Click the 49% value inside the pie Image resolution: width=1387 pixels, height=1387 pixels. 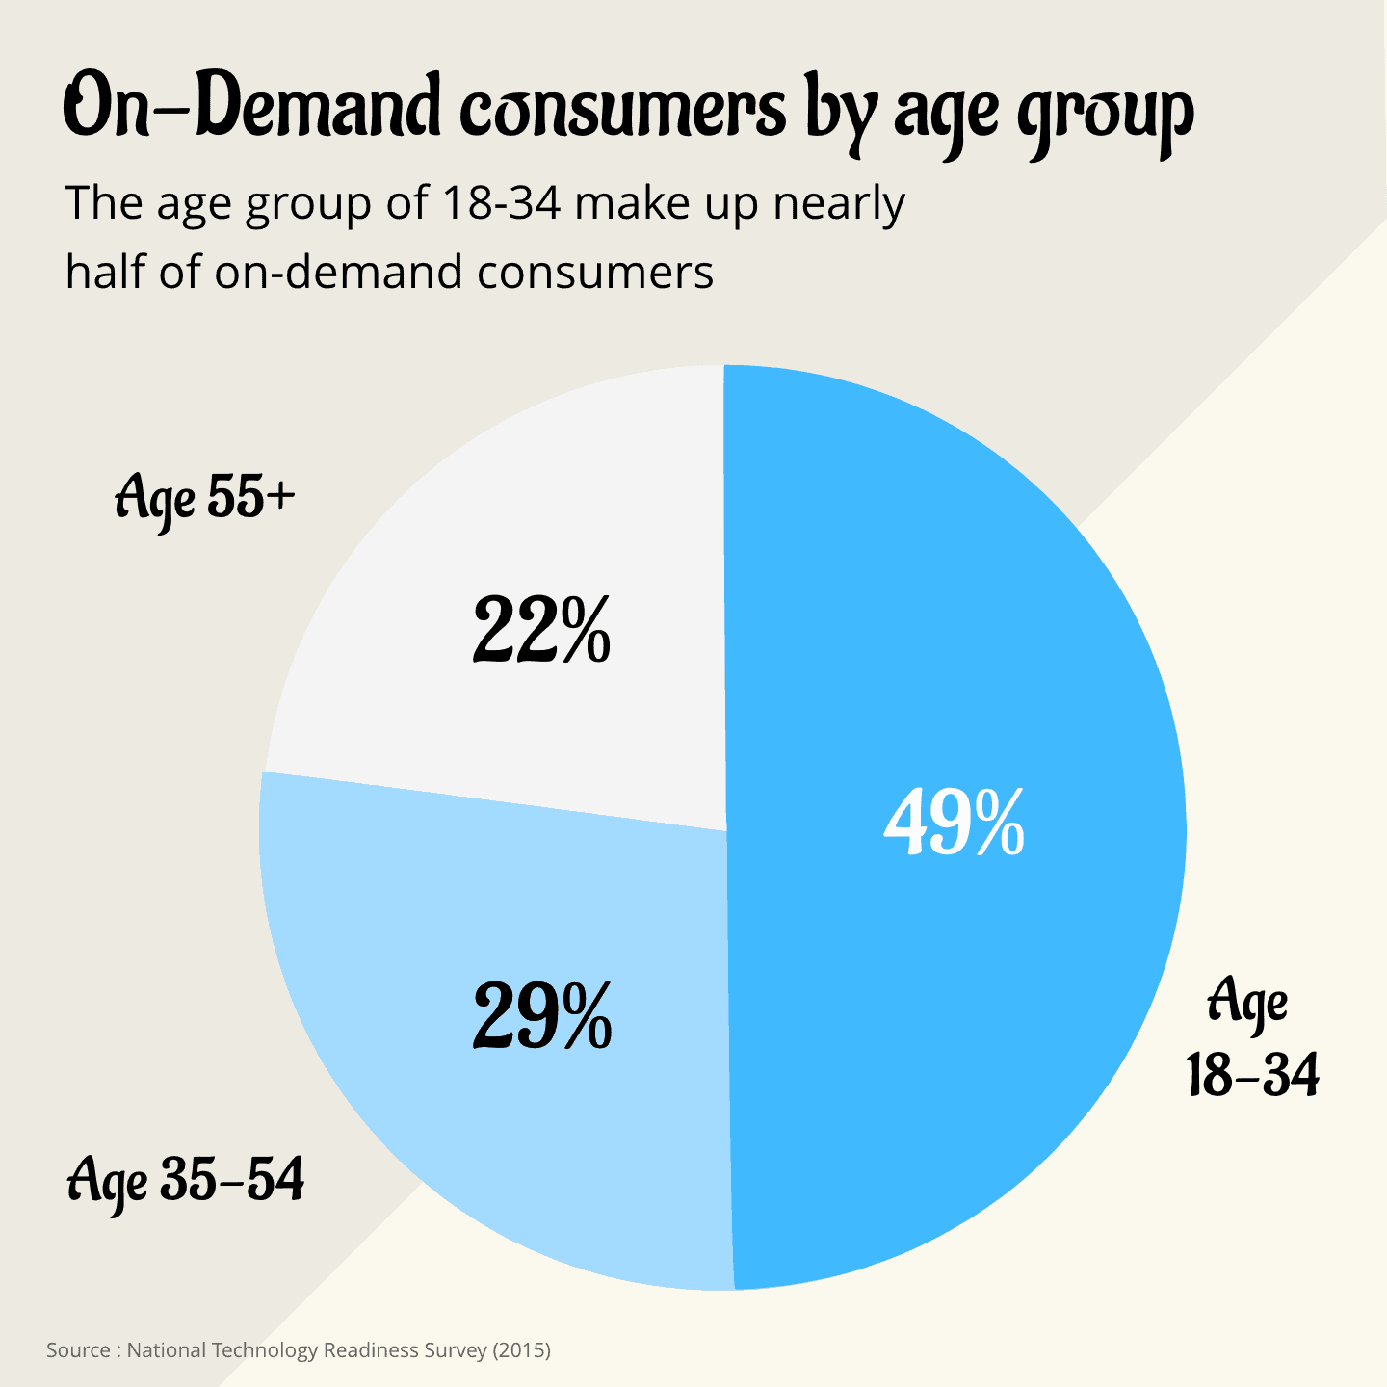click(954, 824)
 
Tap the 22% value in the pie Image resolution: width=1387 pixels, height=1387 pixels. click(541, 631)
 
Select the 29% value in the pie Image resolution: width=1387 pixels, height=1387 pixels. click(542, 1017)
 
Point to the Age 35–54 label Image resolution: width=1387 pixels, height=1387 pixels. click(186, 1181)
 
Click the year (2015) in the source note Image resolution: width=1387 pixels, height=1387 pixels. click(521, 1350)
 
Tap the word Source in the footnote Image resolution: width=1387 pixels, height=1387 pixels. click(78, 1350)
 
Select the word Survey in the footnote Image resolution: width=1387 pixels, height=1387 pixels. click(456, 1350)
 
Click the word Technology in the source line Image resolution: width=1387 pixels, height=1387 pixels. click(265, 1350)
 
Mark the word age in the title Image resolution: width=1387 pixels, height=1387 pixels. click(948, 114)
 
